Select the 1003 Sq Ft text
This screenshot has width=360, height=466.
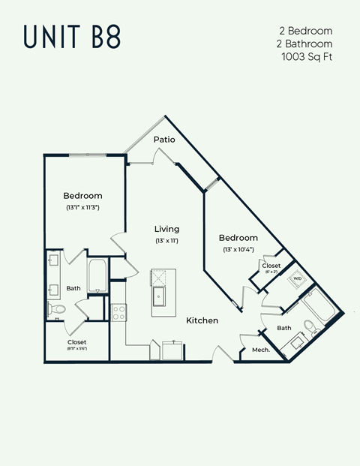[x=307, y=56]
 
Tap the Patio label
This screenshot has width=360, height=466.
[x=164, y=140]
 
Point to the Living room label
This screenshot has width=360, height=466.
[x=166, y=229]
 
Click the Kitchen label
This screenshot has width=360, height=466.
[x=202, y=320]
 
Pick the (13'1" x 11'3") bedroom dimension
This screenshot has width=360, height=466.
[x=82, y=207]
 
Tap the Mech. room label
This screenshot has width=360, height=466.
[x=260, y=350]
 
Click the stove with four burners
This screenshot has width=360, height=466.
[x=118, y=312]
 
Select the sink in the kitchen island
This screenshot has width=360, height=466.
[x=160, y=298]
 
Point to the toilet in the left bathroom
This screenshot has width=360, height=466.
[x=57, y=308]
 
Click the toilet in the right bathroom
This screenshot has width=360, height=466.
[x=310, y=326]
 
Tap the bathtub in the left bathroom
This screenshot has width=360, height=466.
[x=98, y=275]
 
